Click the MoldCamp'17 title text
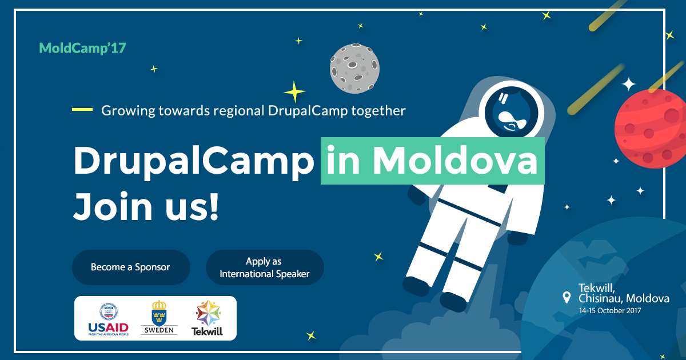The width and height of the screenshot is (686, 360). pyautogui.click(x=82, y=48)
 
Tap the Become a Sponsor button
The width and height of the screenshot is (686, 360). pyautogui.click(x=131, y=267)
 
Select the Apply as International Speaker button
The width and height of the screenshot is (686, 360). pyautogui.click(x=265, y=267)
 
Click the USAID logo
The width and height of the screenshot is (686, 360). pyautogui.click(x=109, y=319)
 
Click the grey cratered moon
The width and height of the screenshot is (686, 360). pyautogui.click(x=354, y=69)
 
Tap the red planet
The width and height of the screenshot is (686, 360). pyautogui.click(x=651, y=129)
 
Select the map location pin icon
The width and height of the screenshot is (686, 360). pyautogui.click(x=567, y=297)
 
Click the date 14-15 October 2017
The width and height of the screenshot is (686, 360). pyautogui.click(x=610, y=310)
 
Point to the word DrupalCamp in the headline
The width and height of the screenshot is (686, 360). pyautogui.click(x=194, y=161)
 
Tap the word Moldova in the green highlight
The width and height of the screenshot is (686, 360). pyautogui.click(x=455, y=161)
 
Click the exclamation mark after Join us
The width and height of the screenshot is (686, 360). pyautogui.click(x=214, y=206)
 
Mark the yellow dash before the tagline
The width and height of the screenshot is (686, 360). pyautogui.click(x=82, y=109)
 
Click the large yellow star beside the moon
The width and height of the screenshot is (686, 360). pyautogui.click(x=294, y=91)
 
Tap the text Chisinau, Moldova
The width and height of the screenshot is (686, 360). pyautogui.click(x=624, y=298)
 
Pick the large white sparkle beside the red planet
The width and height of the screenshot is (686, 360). pyautogui.click(x=628, y=84)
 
